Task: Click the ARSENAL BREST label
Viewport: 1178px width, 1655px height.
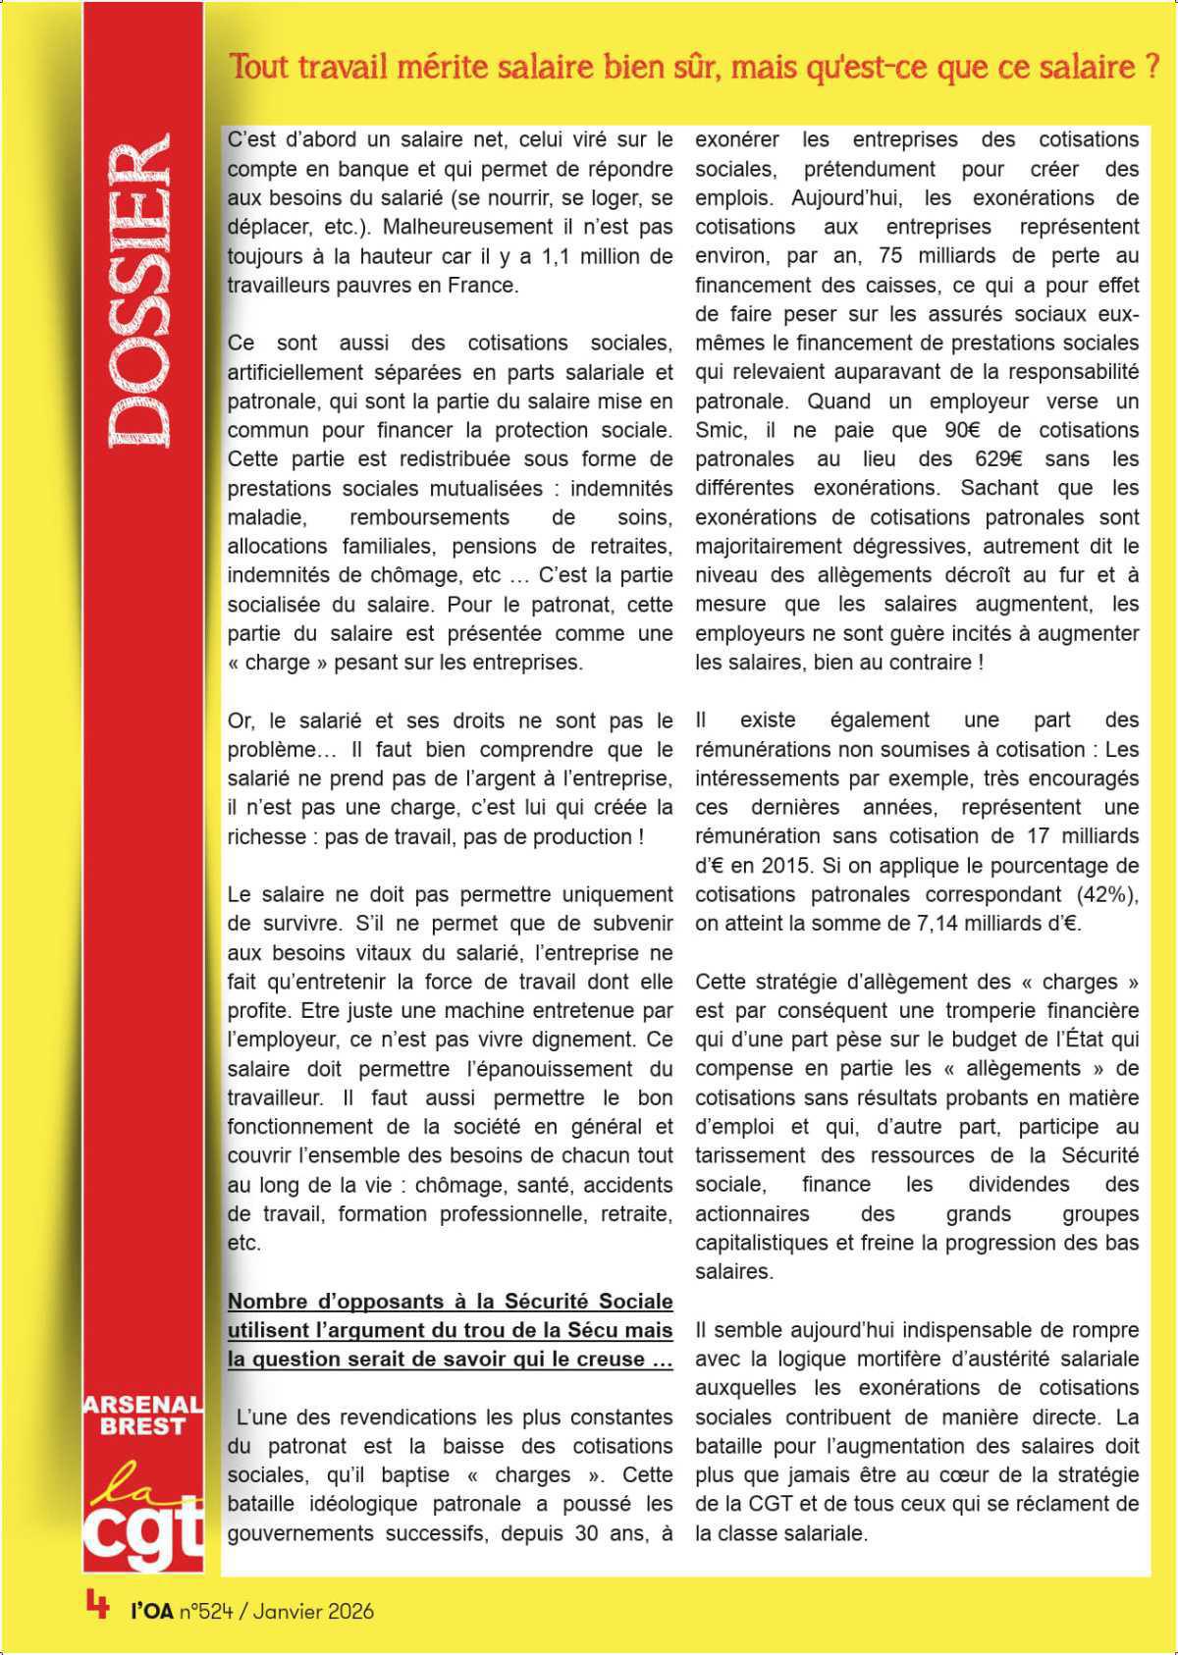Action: coord(143,1415)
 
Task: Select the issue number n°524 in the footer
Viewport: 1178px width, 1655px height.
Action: coord(206,1611)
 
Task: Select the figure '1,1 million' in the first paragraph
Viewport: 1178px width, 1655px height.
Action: coord(584,256)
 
